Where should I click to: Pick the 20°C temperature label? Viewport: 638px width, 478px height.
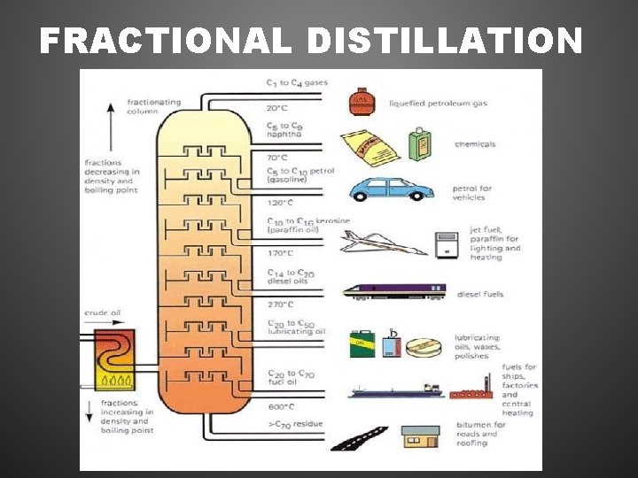(x=278, y=108)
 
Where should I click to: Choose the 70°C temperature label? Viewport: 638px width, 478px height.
(x=278, y=157)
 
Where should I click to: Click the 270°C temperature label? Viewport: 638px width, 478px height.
(x=281, y=304)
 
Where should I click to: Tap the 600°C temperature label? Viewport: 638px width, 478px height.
(x=281, y=407)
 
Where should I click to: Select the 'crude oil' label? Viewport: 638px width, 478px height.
(x=104, y=313)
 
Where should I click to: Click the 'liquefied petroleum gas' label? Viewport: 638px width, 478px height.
(x=438, y=104)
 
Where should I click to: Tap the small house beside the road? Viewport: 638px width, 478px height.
(x=420, y=436)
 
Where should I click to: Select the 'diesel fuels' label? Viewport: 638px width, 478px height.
(x=480, y=294)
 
